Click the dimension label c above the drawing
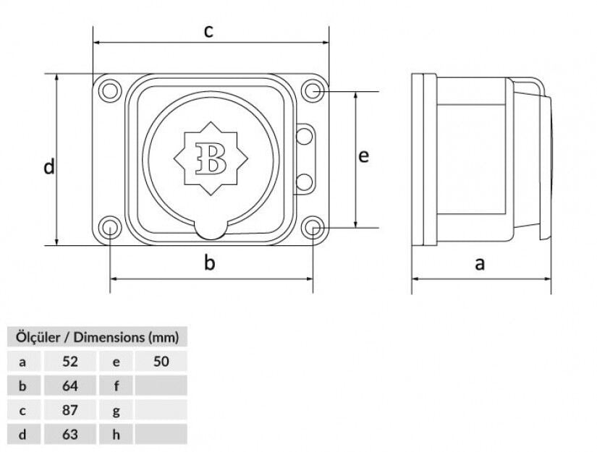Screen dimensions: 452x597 click(x=209, y=32)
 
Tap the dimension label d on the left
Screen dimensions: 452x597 click(x=48, y=167)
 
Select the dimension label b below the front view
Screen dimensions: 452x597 click(x=209, y=263)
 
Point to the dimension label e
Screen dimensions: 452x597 click(x=364, y=155)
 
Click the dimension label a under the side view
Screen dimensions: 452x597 click(x=480, y=263)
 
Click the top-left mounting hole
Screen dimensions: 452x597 click(x=110, y=91)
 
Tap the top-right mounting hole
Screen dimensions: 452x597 click(x=313, y=91)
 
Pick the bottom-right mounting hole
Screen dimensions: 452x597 click(x=313, y=228)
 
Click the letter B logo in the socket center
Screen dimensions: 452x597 click(x=211, y=158)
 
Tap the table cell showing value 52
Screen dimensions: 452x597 click(x=69, y=361)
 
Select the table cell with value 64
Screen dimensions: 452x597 click(x=69, y=385)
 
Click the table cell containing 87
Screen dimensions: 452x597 click(x=69, y=410)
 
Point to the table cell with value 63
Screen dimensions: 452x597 click(x=69, y=435)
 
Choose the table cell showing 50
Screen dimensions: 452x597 click(x=161, y=361)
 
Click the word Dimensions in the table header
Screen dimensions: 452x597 click(x=109, y=336)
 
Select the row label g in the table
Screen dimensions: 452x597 click(x=117, y=410)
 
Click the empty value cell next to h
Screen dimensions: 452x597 click(x=161, y=435)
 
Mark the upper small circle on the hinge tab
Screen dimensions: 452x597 click(x=305, y=135)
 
